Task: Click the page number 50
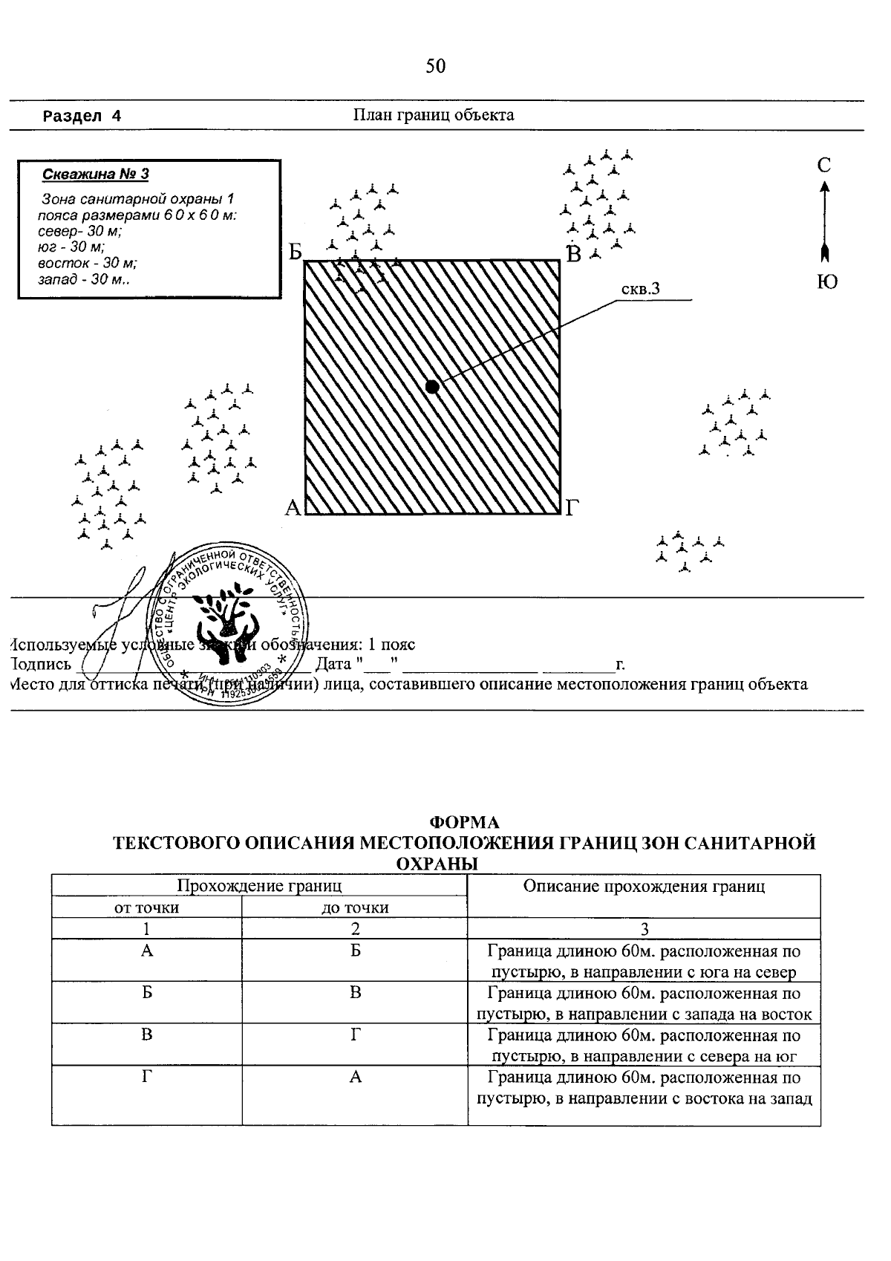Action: (436, 67)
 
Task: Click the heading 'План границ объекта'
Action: (433, 115)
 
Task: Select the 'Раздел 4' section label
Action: (82, 116)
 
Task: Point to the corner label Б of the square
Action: (296, 253)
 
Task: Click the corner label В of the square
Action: (573, 254)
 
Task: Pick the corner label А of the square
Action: (293, 508)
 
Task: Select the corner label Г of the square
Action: (572, 508)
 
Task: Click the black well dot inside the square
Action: (432, 386)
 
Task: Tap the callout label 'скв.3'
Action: (640, 290)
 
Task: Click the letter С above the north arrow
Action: (824, 166)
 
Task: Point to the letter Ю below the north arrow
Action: (827, 282)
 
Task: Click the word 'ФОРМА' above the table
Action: (465, 822)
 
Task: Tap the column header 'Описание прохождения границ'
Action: (644, 886)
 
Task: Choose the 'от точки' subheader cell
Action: (146, 908)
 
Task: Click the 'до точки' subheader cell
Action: (355, 908)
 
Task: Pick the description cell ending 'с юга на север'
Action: (644, 962)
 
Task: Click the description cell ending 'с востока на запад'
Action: (644, 1088)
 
